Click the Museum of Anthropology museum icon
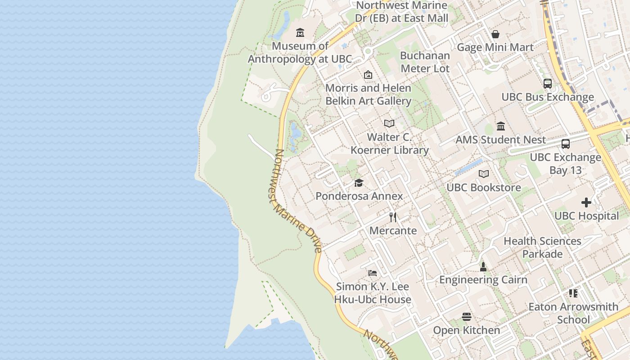300,33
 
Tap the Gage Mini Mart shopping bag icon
495,34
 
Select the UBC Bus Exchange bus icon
548,84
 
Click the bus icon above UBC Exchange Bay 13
566,144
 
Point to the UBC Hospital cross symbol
586,202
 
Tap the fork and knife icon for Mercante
393,217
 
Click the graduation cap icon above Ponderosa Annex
359,183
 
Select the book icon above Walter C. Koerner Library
389,123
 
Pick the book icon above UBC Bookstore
484,174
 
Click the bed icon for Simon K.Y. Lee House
373,273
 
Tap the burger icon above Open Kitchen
467,317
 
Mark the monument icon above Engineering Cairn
483,266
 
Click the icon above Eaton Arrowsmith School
573,293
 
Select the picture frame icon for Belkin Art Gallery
368,75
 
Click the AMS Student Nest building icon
501,126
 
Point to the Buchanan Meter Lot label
425,62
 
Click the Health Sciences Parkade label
542,247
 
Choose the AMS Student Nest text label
501,140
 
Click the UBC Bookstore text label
484,188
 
